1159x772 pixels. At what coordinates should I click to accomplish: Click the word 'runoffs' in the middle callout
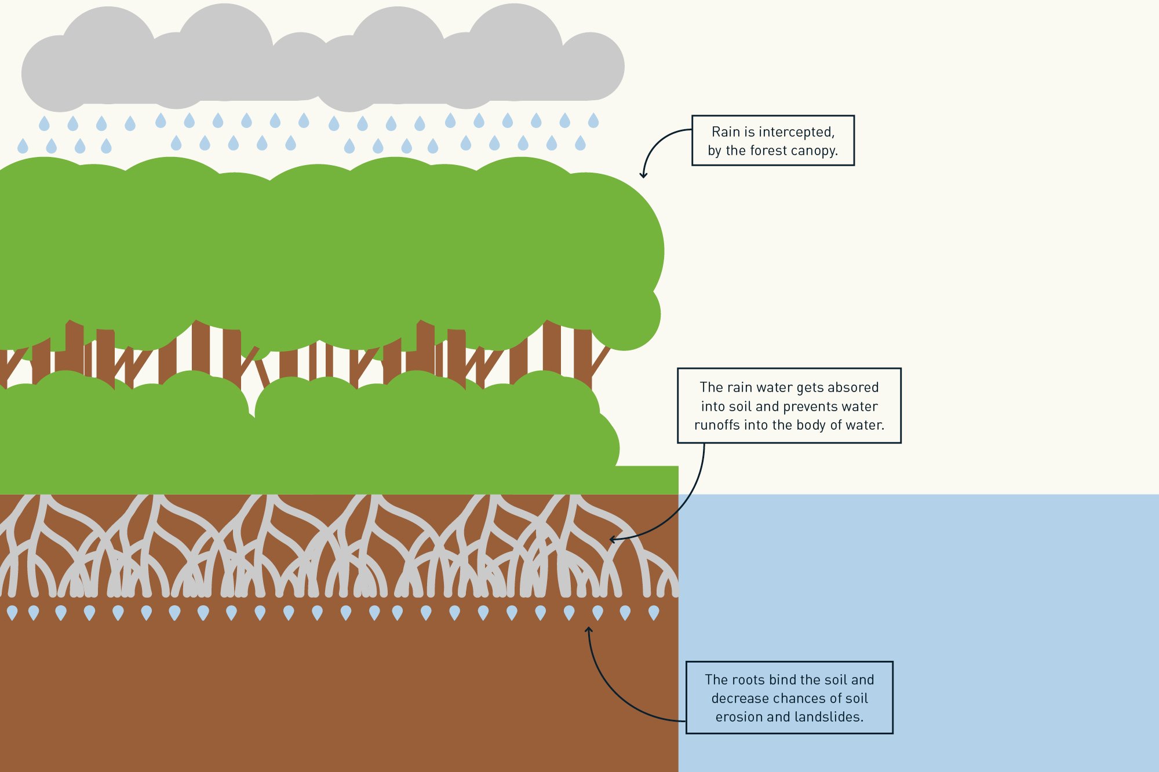[x=717, y=425]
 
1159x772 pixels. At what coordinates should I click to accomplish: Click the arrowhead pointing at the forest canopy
[x=643, y=174]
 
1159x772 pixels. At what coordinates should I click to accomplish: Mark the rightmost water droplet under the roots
[x=654, y=612]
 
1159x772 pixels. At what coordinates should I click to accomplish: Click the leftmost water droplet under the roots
[x=12, y=612]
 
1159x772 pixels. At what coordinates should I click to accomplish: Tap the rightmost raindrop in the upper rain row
[x=593, y=120]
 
